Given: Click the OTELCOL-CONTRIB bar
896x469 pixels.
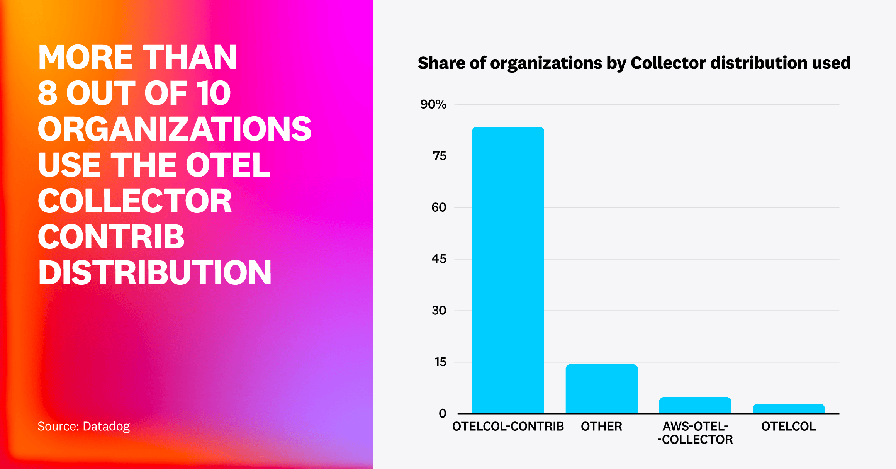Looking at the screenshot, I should click(x=508, y=270).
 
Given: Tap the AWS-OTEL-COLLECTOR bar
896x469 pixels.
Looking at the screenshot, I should click(x=695, y=405).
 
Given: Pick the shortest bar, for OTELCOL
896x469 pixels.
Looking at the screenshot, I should click(x=789, y=409).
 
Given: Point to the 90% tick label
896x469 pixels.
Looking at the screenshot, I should click(x=433, y=104).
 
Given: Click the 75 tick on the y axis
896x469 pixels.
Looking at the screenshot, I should click(x=439, y=156).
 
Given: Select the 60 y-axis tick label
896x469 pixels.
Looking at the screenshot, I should click(x=439, y=207).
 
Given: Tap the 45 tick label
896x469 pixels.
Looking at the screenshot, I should click(x=439, y=259).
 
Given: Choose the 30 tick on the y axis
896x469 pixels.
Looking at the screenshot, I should click(x=439, y=310).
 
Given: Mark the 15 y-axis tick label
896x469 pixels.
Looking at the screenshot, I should click(x=440, y=362).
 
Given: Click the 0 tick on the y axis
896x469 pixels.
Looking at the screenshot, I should click(x=442, y=413).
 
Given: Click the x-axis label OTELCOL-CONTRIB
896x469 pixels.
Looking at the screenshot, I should click(x=508, y=427).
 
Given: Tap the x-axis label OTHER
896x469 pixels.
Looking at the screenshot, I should click(x=601, y=427).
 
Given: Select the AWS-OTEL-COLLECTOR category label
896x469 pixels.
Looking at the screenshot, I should click(x=695, y=433).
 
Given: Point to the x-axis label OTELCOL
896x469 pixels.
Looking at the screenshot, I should click(x=789, y=427).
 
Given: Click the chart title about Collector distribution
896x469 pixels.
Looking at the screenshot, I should click(x=634, y=63).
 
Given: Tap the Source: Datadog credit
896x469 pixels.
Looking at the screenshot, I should click(x=83, y=426).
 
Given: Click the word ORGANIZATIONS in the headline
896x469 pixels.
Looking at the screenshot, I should click(x=175, y=129).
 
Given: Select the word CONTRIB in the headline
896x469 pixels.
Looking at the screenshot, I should click(x=111, y=237).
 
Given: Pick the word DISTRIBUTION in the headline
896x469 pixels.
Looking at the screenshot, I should click(x=154, y=273).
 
